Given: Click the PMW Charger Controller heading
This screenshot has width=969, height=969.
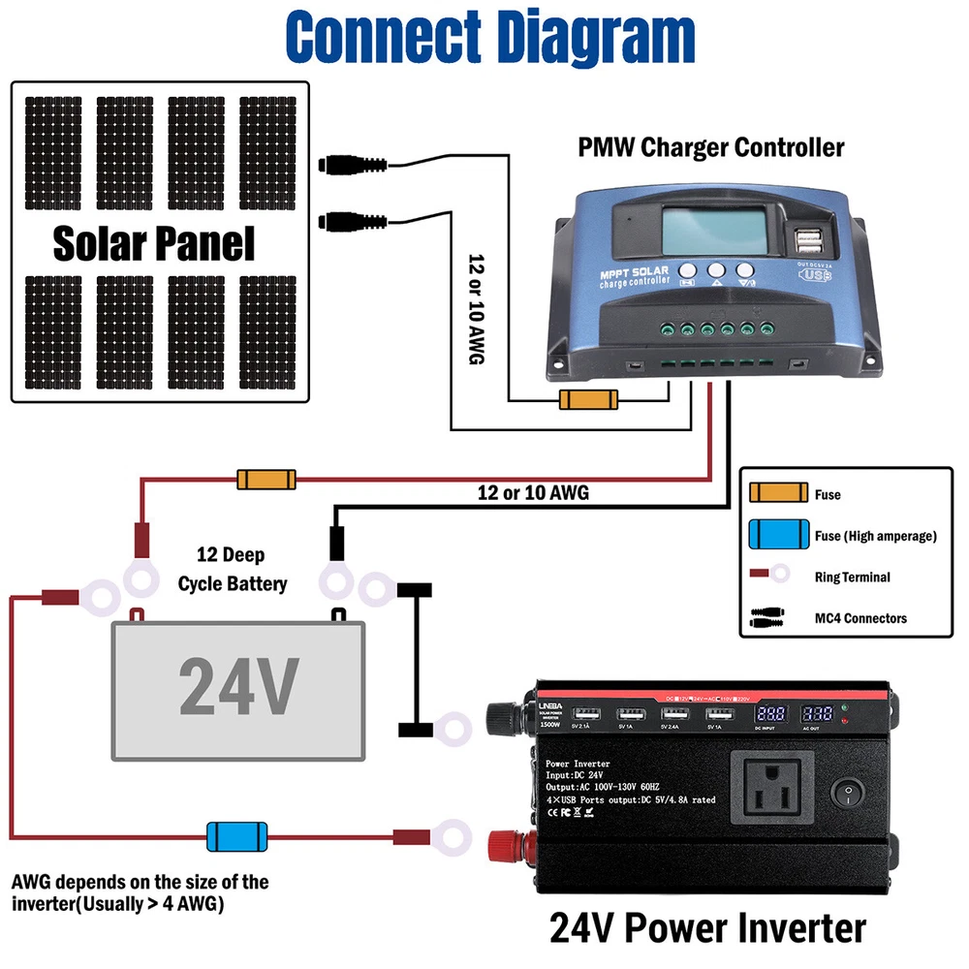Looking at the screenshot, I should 711,147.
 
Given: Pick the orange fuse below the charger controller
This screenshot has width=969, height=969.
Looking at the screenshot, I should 587,399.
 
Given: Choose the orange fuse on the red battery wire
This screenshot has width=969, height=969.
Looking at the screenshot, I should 266,479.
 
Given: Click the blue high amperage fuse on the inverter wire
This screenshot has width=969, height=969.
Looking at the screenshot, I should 236,834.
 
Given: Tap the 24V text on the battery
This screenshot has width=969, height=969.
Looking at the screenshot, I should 237,686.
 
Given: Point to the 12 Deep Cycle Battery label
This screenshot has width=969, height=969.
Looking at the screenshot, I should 233,570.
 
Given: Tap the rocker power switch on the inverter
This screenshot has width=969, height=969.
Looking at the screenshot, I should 851,795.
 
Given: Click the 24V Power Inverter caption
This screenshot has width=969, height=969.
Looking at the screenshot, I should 707,927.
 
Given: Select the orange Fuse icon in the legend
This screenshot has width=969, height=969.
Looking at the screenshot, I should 778,493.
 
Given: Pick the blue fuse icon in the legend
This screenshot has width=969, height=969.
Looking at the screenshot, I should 778,534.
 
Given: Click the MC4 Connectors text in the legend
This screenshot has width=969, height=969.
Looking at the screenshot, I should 860,617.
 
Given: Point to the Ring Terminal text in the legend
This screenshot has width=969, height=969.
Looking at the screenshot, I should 852,577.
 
